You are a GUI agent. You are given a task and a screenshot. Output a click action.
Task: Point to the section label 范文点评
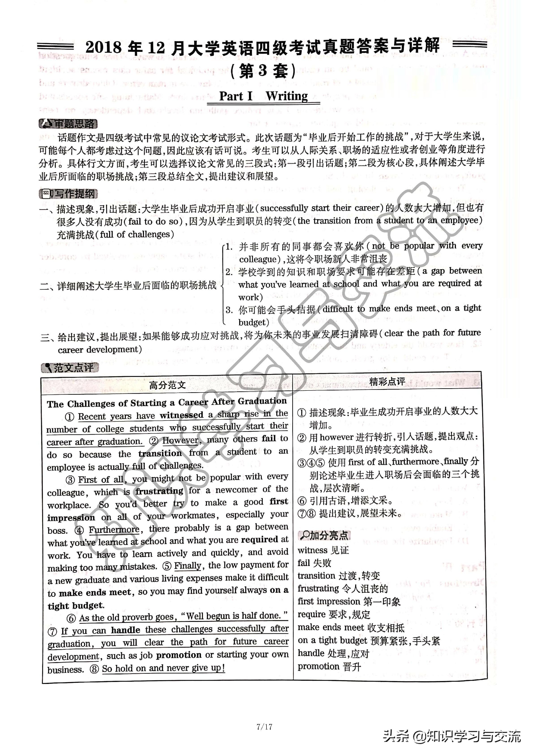coord(70,368)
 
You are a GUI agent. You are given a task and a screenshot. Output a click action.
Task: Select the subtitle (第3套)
coord(264,71)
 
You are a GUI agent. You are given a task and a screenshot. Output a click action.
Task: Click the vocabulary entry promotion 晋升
coord(329,666)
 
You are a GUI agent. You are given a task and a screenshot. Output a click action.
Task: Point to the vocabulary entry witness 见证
coord(323,550)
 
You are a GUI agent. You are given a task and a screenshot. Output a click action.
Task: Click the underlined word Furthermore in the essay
coord(114,530)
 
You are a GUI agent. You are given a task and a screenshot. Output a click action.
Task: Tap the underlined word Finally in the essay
coord(187,566)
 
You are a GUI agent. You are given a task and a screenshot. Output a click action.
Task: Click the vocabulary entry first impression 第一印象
coord(349,601)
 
